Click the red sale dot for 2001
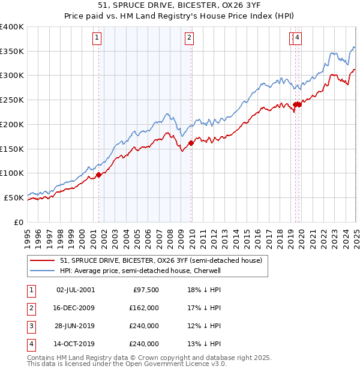coord(99,175)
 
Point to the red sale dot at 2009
coord(191,143)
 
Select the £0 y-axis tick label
coord(18,222)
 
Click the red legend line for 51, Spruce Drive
coord(42,261)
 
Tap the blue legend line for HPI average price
coord(42,271)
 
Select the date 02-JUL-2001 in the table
coord(75,289)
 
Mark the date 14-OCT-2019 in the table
coord(76,344)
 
